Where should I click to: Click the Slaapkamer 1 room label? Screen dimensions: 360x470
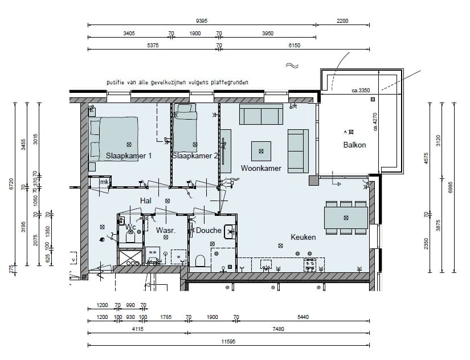pos(128,156)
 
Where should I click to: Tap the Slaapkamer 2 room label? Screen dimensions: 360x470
pos(194,156)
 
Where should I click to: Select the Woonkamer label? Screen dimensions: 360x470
pos(261,169)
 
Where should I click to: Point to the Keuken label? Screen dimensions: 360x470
pos(303,237)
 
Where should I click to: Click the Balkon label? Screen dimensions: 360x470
pos(354,145)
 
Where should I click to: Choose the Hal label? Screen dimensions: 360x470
pos(146,201)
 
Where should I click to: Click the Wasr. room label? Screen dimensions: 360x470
pos(165,231)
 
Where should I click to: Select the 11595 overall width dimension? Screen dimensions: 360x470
pos(228,342)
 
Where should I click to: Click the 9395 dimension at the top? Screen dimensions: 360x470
pos(201,21)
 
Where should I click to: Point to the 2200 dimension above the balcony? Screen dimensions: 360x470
pos(342,21)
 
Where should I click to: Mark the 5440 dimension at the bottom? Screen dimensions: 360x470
pos(303,317)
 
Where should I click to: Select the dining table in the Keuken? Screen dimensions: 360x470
pos(346,218)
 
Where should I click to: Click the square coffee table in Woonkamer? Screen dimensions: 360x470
pos(261,151)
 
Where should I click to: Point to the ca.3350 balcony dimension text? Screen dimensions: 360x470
pos(361,90)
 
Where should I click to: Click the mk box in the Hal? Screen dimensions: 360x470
pos(104,182)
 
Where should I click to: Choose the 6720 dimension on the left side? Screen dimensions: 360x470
pos(12,185)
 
